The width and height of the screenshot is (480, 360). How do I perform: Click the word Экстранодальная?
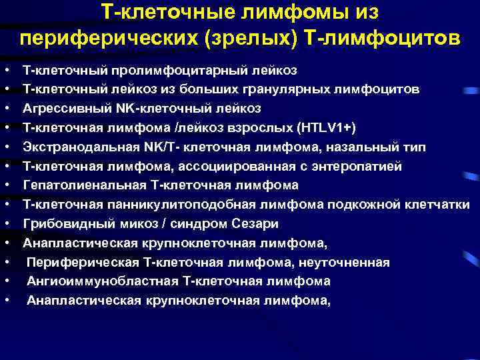(x=73, y=147)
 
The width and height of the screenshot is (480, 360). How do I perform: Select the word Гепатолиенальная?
(x=75, y=185)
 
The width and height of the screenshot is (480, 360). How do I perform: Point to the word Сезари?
(x=256, y=224)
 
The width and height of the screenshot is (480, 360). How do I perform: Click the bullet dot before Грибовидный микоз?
(x=6, y=224)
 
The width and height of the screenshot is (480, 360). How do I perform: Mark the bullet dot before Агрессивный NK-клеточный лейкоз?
(x=6, y=109)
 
